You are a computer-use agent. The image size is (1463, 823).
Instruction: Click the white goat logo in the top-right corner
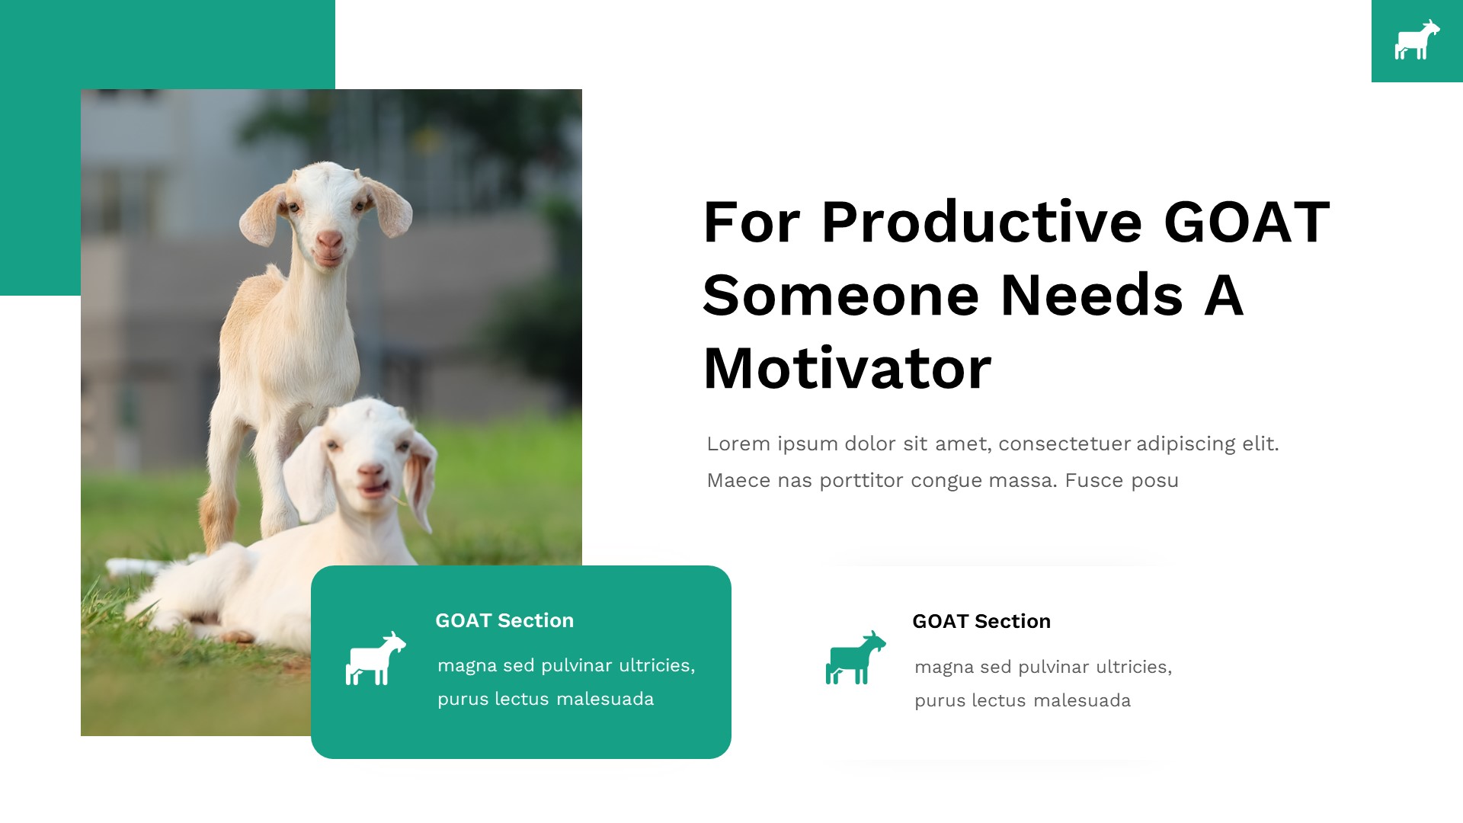coord(1417,40)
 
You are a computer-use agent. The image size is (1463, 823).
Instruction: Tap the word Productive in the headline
coord(981,222)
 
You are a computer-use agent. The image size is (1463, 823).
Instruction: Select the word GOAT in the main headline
coord(1247,222)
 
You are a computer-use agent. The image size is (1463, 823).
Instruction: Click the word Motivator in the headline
coord(847,369)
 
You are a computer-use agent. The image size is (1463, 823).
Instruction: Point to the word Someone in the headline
coord(840,296)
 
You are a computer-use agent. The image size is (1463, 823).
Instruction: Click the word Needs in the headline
coord(1092,296)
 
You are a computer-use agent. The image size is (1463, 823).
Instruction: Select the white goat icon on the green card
coord(376,658)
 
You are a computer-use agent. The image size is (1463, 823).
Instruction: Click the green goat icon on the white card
coord(856,657)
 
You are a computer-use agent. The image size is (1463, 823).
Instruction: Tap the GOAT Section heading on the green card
coord(504,620)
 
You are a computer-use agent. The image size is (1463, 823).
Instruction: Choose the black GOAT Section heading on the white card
coord(981,621)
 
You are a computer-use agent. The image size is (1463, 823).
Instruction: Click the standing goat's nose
coord(330,241)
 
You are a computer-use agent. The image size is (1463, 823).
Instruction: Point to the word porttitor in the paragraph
coord(862,481)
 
